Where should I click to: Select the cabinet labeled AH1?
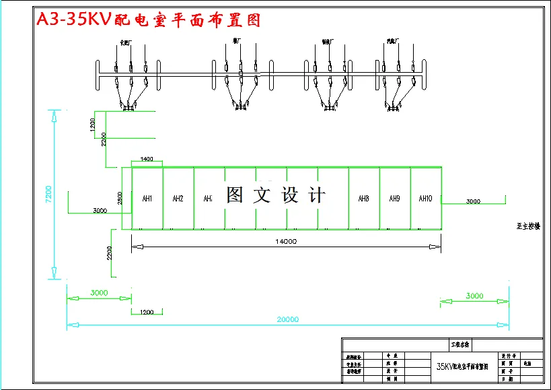coord(147,199)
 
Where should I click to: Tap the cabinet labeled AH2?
coord(178,199)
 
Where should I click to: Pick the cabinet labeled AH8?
coord(363,199)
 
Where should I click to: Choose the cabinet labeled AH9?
coord(394,199)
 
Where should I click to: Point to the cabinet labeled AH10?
coord(425,199)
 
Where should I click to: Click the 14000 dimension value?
coord(285,240)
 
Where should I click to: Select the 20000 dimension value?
coord(287,320)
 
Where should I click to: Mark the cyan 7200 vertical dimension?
coord(48,193)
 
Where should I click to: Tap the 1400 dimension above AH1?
coord(147,160)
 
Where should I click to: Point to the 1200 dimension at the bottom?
coord(147,312)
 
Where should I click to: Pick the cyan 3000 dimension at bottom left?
coord(99,294)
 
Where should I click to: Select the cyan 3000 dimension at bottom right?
coord(474,296)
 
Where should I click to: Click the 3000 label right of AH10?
coord(473,201)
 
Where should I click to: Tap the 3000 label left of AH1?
coord(100,211)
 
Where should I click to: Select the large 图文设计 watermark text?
coord(276,195)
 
